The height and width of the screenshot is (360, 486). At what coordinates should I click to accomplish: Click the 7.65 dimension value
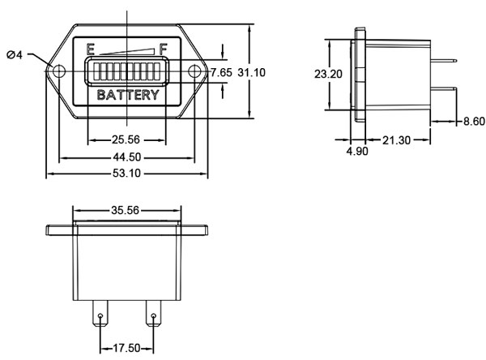tap(221, 73)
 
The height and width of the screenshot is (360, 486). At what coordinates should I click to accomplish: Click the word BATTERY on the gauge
tap(128, 96)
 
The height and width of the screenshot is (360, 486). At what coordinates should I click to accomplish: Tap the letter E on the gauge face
tap(91, 49)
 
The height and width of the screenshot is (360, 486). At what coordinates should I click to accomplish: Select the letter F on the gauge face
tap(164, 49)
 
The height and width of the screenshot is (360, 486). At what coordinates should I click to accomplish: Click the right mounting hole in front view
tap(195, 72)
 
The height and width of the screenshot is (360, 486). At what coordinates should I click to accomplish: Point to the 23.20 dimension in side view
tap(328, 73)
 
